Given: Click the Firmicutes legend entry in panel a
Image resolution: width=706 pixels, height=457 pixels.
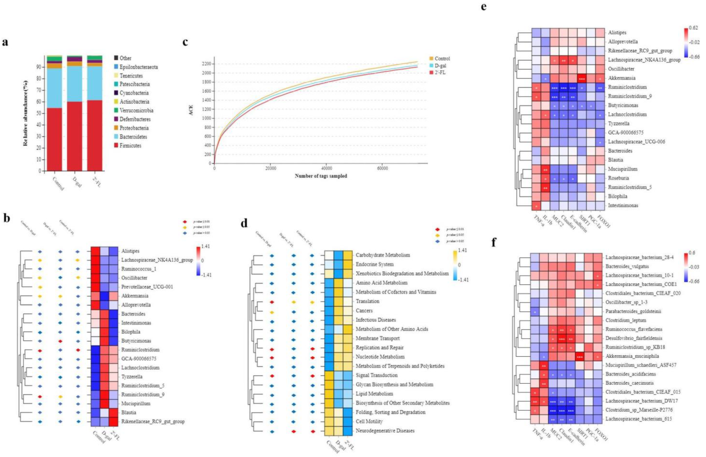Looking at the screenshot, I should tap(130, 146).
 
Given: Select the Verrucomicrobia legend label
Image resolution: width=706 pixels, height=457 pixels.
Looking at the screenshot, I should tap(136, 110).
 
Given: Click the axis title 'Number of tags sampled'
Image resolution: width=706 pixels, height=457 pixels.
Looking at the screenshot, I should tap(321, 176).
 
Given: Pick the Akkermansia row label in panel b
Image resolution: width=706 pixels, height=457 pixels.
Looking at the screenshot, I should tap(135, 296).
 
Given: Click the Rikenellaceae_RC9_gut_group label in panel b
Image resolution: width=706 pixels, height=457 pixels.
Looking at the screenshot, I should tap(153, 421).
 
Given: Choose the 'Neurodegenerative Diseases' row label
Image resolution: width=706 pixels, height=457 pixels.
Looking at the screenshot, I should tap(385, 430).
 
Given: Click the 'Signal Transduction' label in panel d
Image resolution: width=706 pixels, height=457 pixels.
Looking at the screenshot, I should tap(376, 375).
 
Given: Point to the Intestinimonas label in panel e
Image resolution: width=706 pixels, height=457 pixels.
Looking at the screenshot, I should tap(623, 205).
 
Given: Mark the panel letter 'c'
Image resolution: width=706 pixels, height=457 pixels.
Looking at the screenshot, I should tap(185, 42).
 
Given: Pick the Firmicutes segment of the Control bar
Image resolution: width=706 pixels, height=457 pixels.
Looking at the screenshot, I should tap(54, 139).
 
